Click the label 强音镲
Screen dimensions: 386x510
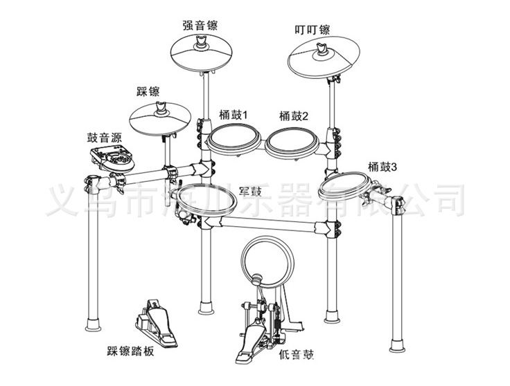(x=200, y=26)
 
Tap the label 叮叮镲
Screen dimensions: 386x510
(x=312, y=30)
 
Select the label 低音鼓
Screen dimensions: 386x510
(x=296, y=356)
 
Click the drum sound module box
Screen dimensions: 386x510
(x=112, y=159)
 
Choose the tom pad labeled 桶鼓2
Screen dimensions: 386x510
(x=294, y=143)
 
